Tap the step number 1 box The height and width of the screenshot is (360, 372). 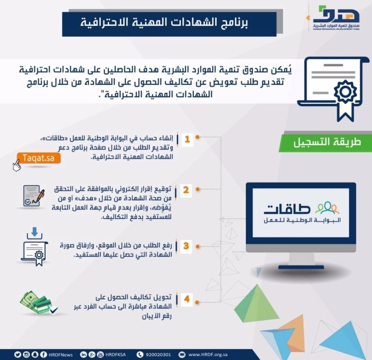(x=187, y=139)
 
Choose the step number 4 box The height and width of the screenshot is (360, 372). (x=186, y=298)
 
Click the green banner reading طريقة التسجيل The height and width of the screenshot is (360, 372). (x=327, y=142)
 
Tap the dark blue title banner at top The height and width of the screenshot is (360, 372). (x=169, y=24)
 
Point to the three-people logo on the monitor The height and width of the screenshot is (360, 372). (x=327, y=207)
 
